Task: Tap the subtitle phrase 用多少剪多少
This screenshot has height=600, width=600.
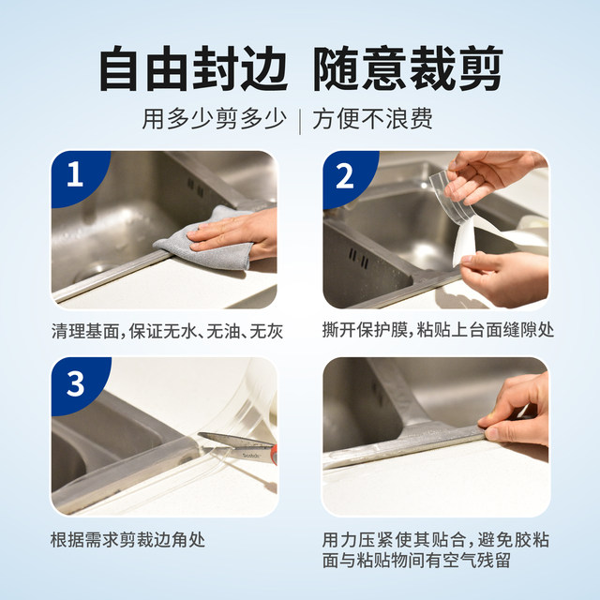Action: coord(215,120)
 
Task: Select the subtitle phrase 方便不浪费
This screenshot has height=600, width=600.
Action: coord(385,120)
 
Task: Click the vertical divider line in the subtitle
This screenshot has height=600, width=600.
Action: coord(299,120)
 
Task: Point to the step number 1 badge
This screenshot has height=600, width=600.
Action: coord(74,176)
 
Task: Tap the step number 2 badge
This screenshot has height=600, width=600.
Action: coord(344,176)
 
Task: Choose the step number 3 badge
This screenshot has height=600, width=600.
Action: coord(74,382)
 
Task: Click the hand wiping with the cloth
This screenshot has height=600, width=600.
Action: coord(239,230)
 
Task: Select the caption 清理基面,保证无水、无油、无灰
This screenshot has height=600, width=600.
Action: coord(167,332)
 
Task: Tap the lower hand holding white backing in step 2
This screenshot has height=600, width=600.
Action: coord(506,277)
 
